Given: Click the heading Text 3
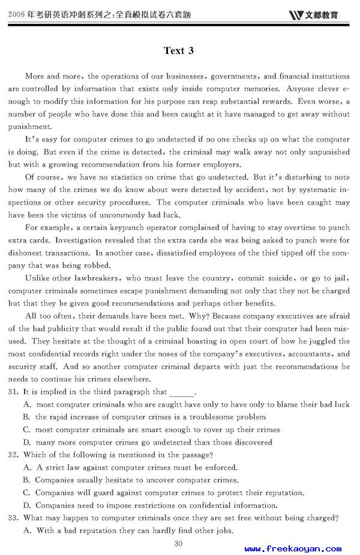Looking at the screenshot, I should [178, 50].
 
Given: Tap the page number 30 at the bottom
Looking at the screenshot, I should [178, 544].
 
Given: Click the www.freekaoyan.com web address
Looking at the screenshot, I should [293, 548].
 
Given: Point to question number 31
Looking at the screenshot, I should [13, 392].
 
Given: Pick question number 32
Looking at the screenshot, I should [13, 455].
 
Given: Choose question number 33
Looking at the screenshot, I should [13, 518].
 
